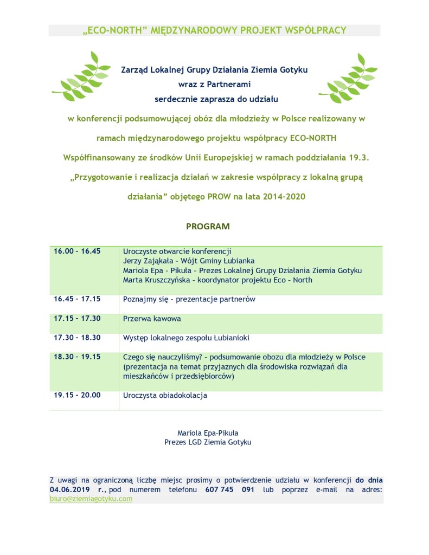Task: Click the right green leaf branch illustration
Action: coord(347,79)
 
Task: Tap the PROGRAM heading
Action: coord(208,226)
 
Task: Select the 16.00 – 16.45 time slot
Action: coord(77,251)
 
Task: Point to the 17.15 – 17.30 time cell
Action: coord(77,319)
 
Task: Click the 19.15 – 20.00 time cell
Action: coord(77,395)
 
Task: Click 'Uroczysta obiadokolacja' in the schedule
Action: coord(165,395)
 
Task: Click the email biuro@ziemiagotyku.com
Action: coord(91,499)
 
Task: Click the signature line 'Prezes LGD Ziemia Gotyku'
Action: coord(208,442)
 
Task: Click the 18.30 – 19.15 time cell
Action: coord(77,357)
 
